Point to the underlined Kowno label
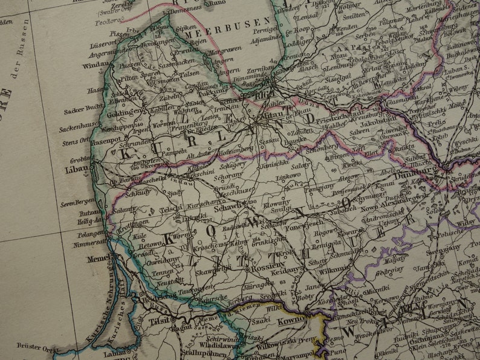click(291, 322)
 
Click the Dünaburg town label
click(415, 171)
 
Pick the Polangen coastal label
click(90, 233)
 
